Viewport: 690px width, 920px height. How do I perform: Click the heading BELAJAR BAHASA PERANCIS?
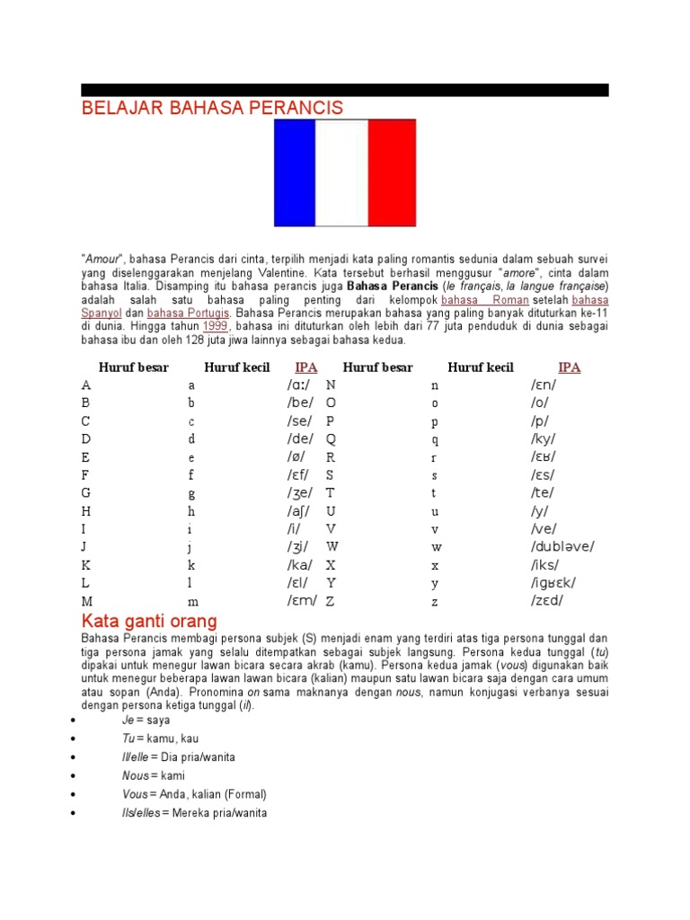[212, 108]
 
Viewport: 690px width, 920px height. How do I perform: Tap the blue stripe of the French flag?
[295, 172]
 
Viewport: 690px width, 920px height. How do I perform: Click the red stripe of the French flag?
[392, 172]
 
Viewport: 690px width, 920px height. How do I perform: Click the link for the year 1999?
[216, 326]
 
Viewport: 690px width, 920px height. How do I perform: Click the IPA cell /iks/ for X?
[544, 563]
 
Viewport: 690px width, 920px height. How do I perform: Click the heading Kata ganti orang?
[149, 621]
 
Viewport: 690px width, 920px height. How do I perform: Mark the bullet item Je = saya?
[146, 720]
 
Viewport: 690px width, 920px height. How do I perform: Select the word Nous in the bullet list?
[135, 775]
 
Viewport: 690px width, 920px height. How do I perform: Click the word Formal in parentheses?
[245, 794]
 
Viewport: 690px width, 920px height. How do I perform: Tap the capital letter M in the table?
[87, 600]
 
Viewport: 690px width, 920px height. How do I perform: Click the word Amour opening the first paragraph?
[102, 259]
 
